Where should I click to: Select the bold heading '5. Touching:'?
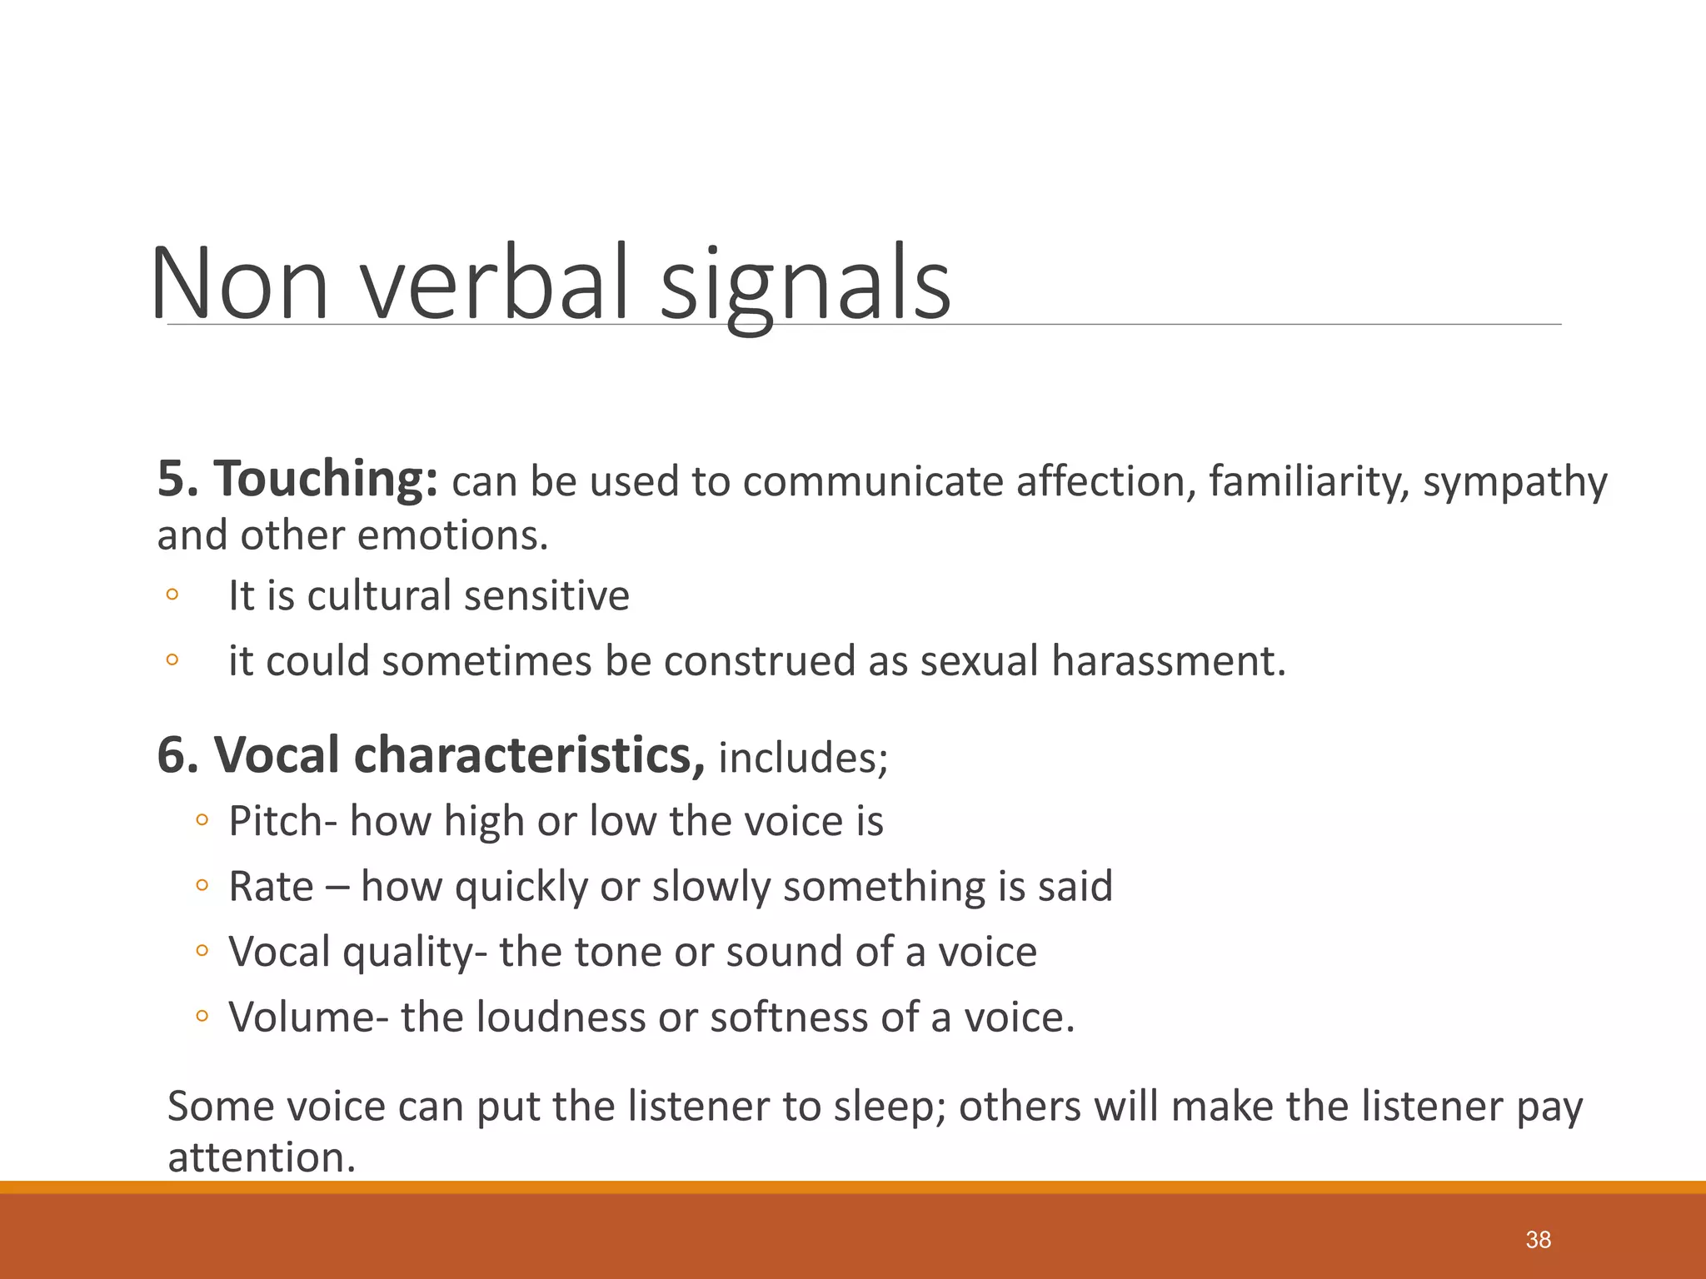click(297, 480)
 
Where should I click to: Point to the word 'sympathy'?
click(1514, 483)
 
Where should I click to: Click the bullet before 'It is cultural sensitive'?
click(172, 595)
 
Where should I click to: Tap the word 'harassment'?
click(1169, 661)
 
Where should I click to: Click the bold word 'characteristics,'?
click(459, 755)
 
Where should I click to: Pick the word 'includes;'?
click(803, 758)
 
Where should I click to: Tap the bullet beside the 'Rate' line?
click(201, 885)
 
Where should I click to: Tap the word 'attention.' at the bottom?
click(262, 1157)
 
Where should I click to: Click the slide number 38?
click(1538, 1240)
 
